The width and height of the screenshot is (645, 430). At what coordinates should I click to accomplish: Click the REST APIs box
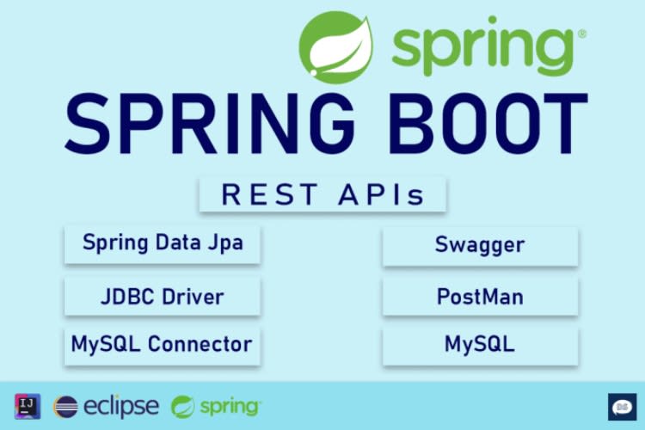click(x=322, y=194)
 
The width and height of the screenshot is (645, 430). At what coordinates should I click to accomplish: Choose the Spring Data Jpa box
click(x=163, y=243)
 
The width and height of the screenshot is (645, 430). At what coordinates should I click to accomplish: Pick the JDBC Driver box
click(x=163, y=297)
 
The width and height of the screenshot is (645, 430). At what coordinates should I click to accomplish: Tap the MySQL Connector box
click(x=163, y=345)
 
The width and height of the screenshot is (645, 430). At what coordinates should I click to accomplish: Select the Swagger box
click(x=480, y=245)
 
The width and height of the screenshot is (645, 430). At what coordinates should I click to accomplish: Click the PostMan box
click(x=480, y=298)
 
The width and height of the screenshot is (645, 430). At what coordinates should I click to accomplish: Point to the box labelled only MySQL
click(x=480, y=345)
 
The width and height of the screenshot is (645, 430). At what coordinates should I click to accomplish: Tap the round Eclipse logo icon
click(x=66, y=407)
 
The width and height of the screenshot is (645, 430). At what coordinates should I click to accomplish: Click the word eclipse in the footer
click(x=120, y=406)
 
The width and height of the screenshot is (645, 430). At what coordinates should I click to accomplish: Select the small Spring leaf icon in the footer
click(x=183, y=407)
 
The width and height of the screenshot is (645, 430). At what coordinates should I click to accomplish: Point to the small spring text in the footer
click(x=229, y=407)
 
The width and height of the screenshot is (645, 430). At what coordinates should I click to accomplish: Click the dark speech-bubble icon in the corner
click(x=621, y=407)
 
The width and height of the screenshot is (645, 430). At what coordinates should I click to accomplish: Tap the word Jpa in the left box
click(x=226, y=243)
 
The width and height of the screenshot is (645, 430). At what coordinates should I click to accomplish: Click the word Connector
click(x=200, y=345)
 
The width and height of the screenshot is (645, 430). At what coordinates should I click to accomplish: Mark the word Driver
click(x=193, y=297)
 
